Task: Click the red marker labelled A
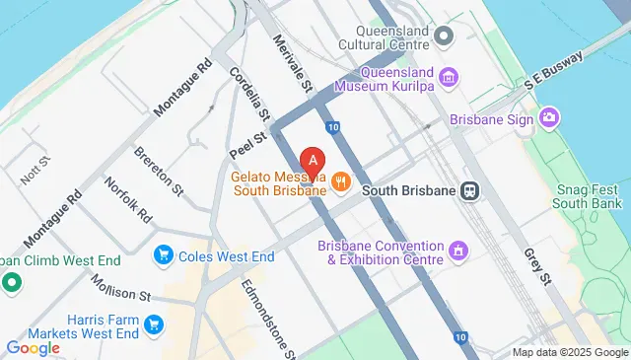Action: pyautogui.click(x=313, y=161)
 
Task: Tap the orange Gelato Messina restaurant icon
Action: pyautogui.click(x=341, y=180)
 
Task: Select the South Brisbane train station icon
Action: pyautogui.click(x=472, y=190)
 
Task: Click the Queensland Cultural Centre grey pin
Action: pyautogui.click(x=444, y=36)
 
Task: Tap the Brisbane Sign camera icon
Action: pyautogui.click(x=548, y=119)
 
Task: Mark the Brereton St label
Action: pyautogui.click(x=159, y=169)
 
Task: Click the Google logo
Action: pyautogui.click(x=33, y=347)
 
